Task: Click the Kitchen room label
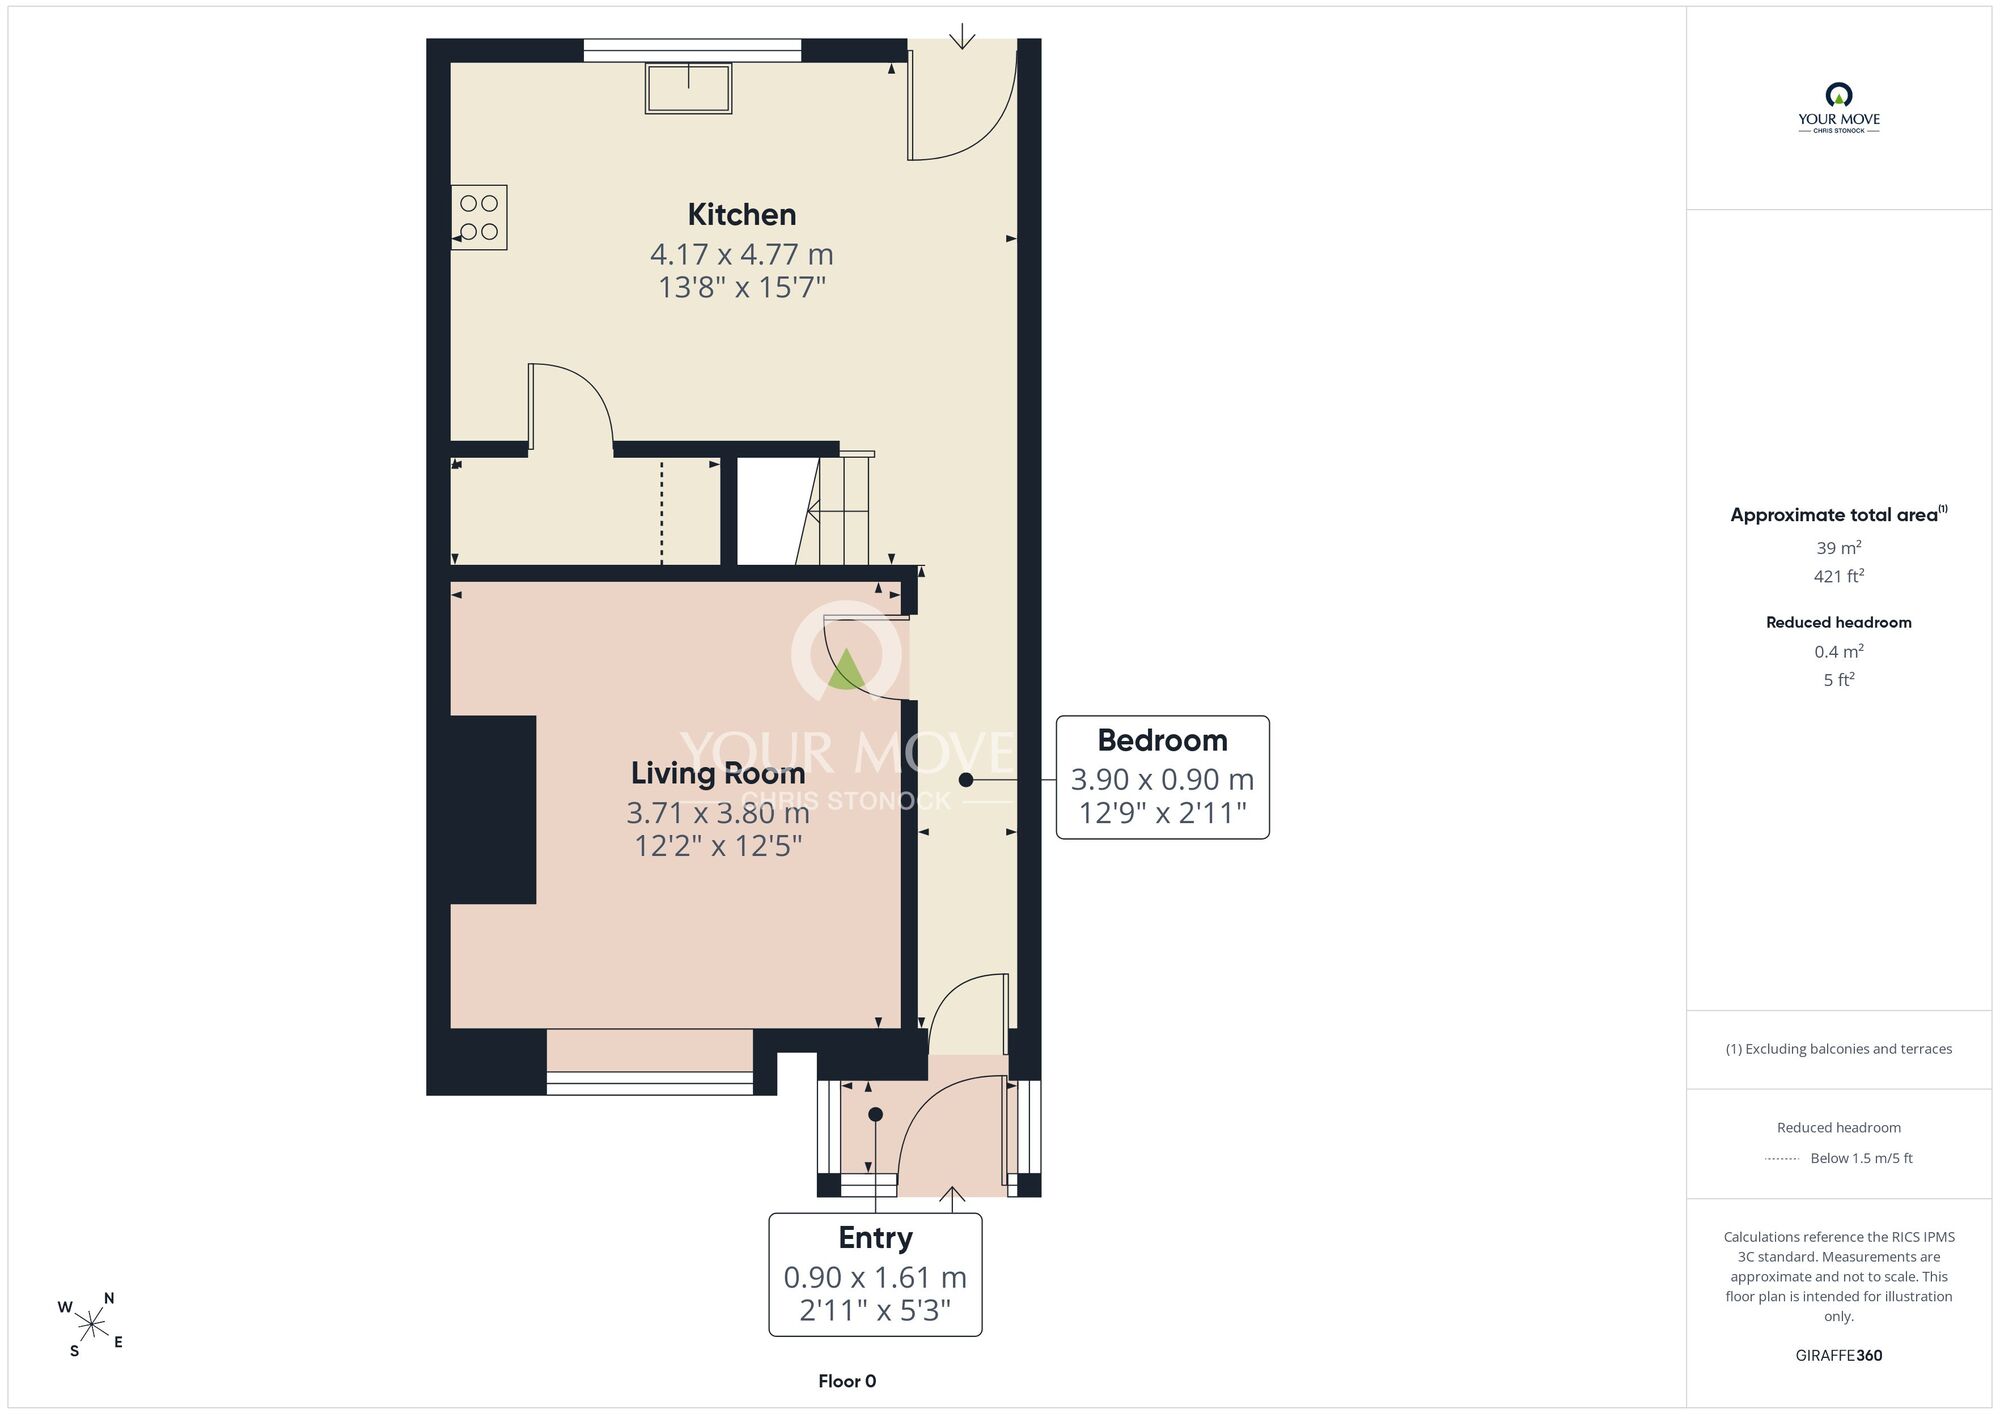pyautogui.click(x=742, y=214)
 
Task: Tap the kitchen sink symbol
pyautogui.click(x=688, y=88)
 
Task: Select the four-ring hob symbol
pyautogui.click(x=479, y=217)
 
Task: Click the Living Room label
pyautogui.click(x=718, y=773)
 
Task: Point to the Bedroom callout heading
pyautogui.click(x=1162, y=740)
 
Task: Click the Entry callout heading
pyautogui.click(x=875, y=1238)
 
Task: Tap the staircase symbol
pyautogui.click(x=835, y=509)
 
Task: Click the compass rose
pyautogui.click(x=92, y=1325)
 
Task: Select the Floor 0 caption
pyautogui.click(x=847, y=1381)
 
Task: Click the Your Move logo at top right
pyautogui.click(x=1839, y=108)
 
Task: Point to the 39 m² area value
pyautogui.click(x=1839, y=548)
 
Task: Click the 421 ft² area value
pyautogui.click(x=1839, y=576)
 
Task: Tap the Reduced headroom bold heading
pyautogui.click(x=1839, y=622)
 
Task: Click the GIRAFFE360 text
pyautogui.click(x=1839, y=1356)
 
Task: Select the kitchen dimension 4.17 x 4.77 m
pyautogui.click(x=742, y=254)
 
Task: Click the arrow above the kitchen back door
pyautogui.click(x=962, y=36)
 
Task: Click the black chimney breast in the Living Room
pyautogui.click(x=492, y=810)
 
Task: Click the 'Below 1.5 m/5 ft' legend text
pyautogui.click(x=1861, y=1158)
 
